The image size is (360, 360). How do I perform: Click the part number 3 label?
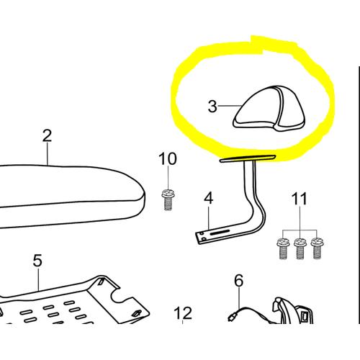coord(212,107)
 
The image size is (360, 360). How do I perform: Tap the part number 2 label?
coord(47,135)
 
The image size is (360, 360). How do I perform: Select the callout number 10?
coord(168,158)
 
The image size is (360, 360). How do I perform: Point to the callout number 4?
coord(209,198)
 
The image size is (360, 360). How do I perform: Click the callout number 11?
coord(300,199)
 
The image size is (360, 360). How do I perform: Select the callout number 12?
coord(183,313)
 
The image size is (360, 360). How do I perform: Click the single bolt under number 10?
coord(168,199)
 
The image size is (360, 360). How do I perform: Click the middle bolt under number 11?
coord(300,248)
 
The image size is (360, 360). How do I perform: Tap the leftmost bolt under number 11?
coord(283,248)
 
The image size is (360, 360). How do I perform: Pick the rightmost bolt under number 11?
coord(317,248)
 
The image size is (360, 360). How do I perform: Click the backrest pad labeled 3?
coord(269,109)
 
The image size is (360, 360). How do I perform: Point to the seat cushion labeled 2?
coord(72,196)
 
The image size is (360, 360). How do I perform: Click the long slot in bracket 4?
coord(220,232)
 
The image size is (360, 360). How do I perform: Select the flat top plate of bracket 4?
coord(248,158)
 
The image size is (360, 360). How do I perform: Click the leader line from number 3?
coord(229,106)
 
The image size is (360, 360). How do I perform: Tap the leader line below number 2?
coord(48,153)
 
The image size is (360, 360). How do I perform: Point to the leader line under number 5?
coord(39,279)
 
